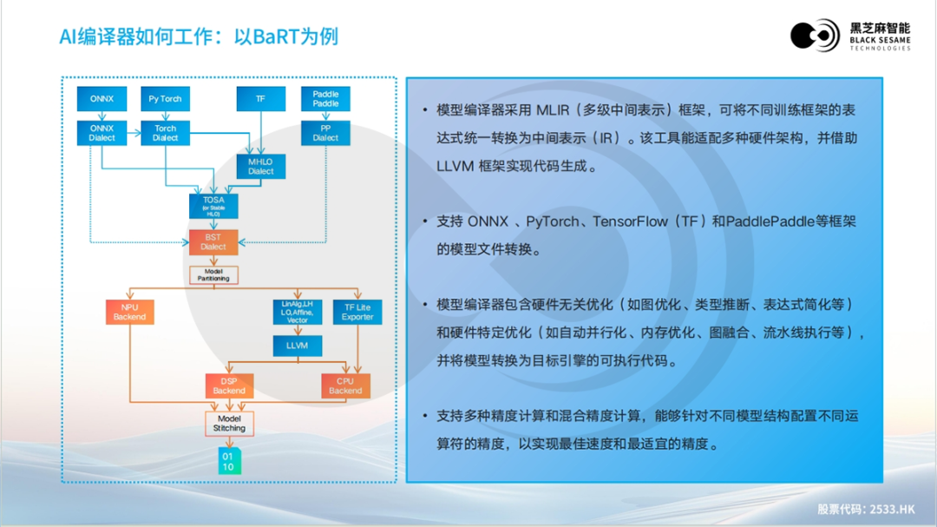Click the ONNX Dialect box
102,133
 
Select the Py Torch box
165,99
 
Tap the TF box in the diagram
260,99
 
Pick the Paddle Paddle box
325,98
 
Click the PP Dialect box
325,133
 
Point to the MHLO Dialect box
260,166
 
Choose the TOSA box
213,205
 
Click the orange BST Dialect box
213,241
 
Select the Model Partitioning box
213,274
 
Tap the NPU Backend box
129,312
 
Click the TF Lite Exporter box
357,312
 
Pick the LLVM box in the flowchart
297,345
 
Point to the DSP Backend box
229,385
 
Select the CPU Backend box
345,385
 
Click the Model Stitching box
229,423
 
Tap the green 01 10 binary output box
228,461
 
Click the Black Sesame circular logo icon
815,36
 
